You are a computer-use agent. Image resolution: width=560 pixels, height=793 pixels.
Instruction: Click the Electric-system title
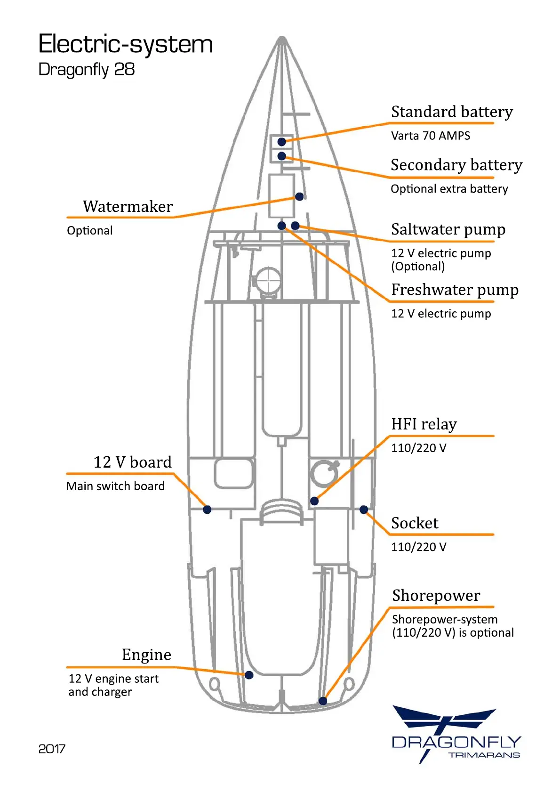pos(125,44)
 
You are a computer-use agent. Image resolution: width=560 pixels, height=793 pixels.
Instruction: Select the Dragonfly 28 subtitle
pos(87,69)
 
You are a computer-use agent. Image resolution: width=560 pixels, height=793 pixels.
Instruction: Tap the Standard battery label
pos(452,112)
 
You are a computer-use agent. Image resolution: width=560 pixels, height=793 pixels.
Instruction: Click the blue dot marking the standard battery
pos(281,142)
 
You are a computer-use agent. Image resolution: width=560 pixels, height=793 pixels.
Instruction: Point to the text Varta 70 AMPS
pos(430,136)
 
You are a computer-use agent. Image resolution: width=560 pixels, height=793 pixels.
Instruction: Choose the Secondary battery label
pos(456,165)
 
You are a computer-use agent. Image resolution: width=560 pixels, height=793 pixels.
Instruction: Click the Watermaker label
pos(128,206)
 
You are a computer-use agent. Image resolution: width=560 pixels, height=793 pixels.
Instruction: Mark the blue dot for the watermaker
pos(299,197)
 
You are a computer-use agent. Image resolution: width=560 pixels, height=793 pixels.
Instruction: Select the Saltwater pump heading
pos(448,229)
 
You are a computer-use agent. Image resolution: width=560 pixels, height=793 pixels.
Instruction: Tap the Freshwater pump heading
pos(455,290)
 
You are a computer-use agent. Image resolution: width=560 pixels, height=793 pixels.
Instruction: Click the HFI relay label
pos(424,424)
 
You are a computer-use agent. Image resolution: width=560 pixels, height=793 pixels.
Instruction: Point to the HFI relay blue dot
pos(314,501)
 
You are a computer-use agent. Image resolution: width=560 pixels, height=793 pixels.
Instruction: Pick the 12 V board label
pos(132,462)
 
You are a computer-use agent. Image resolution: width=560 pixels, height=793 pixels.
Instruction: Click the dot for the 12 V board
pos(207,510)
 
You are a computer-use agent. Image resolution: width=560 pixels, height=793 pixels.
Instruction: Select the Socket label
pos(415,523)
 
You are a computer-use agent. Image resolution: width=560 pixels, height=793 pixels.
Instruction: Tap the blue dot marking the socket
pos(364,510)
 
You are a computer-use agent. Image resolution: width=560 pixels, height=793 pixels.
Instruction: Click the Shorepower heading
pos(436,596)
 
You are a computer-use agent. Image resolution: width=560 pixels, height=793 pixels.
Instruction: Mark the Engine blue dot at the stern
pos(249,675)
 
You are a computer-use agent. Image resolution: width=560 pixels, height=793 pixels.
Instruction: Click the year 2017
pos(52,749)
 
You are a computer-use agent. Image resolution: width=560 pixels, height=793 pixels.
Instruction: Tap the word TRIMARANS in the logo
pos(484,755)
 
